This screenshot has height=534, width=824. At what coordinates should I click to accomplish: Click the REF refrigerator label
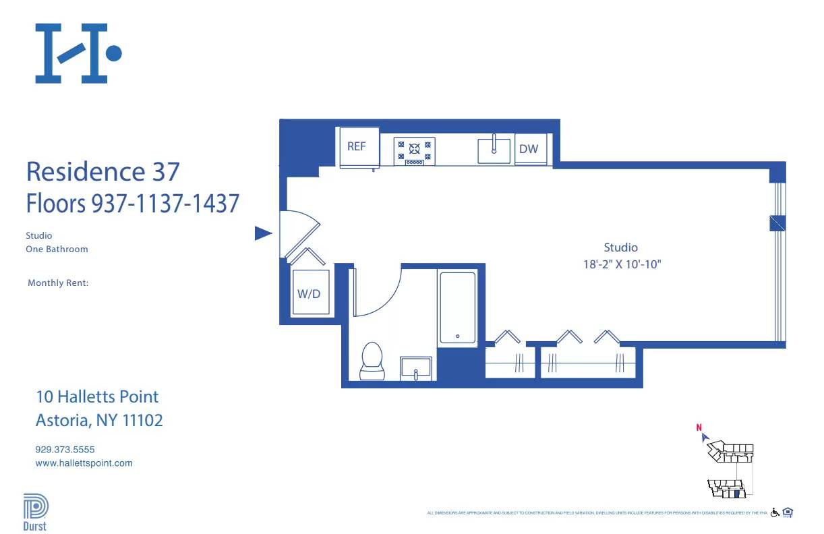tap(357, 146)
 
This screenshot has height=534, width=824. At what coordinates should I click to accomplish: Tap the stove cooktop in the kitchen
tap(414, 151)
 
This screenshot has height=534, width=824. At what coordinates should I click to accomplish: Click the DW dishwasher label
tap(529, 149)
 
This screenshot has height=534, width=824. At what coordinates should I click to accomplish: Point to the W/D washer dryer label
tap(309, 293)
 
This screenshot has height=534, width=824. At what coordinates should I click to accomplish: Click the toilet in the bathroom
tap(372, 361)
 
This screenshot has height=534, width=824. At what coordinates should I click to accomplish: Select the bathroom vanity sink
tap(416, 368)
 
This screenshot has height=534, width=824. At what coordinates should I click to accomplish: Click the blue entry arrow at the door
tap(262, 233)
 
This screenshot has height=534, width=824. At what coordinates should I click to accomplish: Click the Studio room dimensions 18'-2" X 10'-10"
tap(622, 264)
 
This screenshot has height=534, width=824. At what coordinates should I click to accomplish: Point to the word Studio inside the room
tap(620, 247)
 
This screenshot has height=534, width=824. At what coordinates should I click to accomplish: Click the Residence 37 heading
tap(103, 171)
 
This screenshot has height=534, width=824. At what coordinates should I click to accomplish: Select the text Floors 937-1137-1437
tap(133, 203)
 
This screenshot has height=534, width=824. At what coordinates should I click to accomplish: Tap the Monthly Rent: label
tap(58, 283)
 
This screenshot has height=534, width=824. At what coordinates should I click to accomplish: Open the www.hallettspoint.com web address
tap(84, 463)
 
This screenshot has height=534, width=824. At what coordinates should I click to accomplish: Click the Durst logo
tap(35, 512)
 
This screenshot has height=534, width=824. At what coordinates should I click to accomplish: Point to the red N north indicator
tap(699, 427)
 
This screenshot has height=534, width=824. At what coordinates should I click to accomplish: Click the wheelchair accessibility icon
tap(775, 512)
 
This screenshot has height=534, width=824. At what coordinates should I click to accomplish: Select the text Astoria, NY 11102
tap(99, 421)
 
